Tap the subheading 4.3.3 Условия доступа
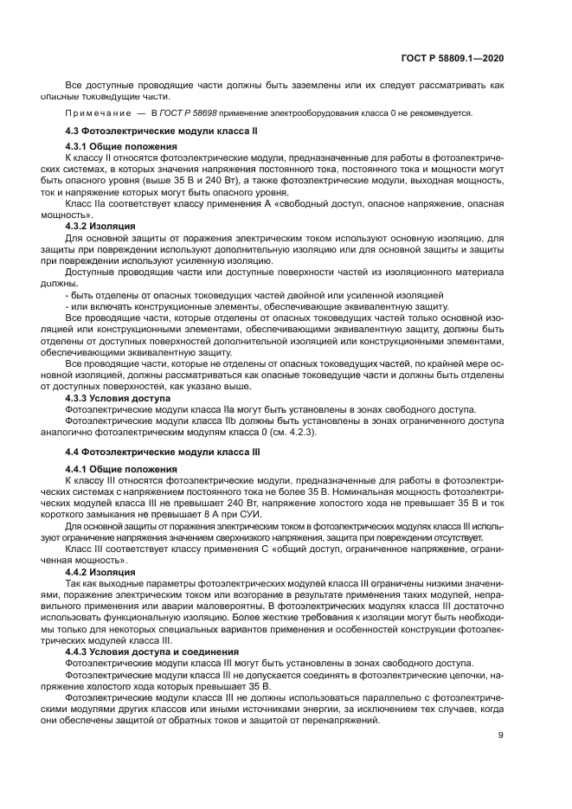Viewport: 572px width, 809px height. pyautogui.click(x=118, y=398)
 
